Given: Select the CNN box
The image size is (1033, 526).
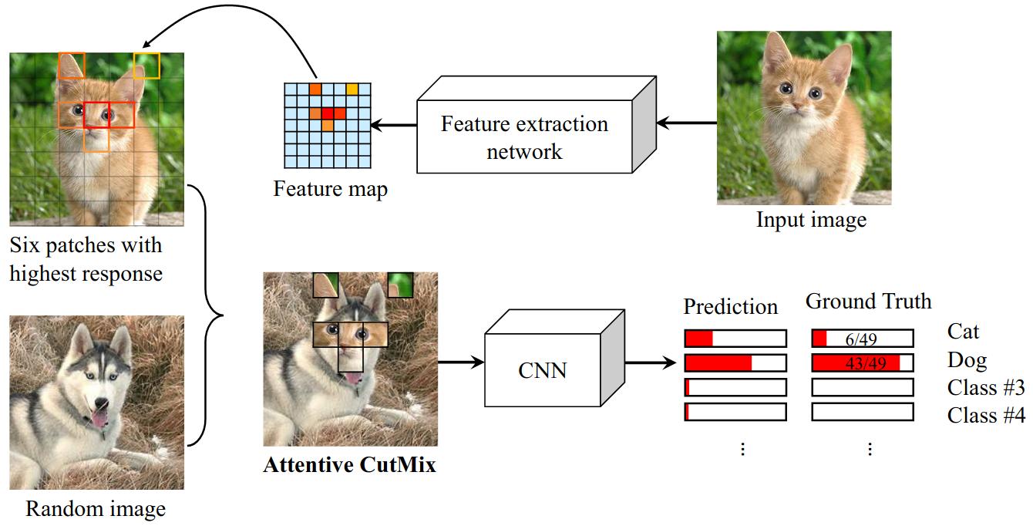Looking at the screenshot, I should pyautogui.click(x=542, y=370).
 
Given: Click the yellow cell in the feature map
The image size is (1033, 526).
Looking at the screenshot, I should pyautogui.click(x=352, y=89).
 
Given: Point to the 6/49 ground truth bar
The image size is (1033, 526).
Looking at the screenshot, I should pyautogui.click(x=862, y=339).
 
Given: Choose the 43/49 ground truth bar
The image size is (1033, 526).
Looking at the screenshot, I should pyautogui.click(x=862, y=362).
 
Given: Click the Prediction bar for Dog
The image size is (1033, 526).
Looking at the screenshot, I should pyautogui.click(x=735, y=362).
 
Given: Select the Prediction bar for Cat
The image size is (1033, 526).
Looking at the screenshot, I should pyautogui.click(x=735, y=339).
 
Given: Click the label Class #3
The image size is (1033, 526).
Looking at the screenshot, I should pyautogui.click(x=986, y=387).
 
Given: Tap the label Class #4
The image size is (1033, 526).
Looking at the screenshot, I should pyautogui.click(x=986, y=415).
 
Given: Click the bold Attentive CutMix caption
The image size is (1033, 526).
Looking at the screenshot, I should pyautogui.click(x=349, y=465).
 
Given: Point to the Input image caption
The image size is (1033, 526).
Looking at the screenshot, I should pyautogui.click(x=811, y=220).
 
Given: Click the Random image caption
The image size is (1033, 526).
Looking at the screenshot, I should pyautogui.click(x=96, y=509).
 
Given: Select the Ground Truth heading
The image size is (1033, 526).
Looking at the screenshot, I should pyautogui.click(x=868, y=301).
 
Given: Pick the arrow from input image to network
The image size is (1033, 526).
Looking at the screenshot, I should pyautogui.click(x=686, y=122).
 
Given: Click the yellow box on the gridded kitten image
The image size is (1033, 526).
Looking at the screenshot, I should pyautogui.click(x=146, y=66).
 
